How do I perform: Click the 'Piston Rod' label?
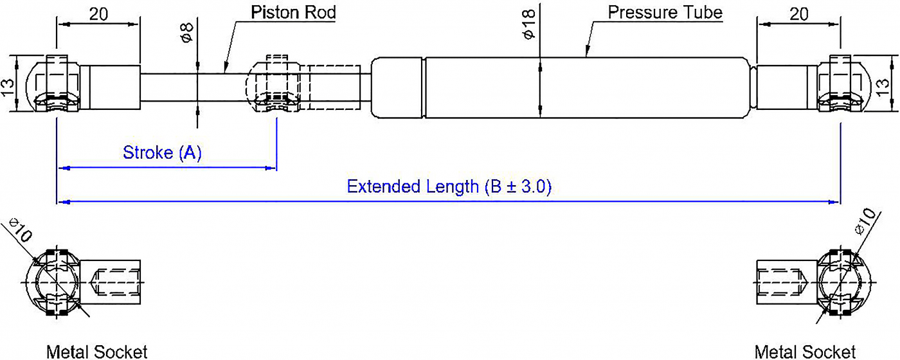point(293,12)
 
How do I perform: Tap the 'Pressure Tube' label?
point(665,12)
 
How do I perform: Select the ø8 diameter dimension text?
point(187,33)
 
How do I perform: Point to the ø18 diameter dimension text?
point(528,24)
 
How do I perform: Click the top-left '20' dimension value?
point(98,14)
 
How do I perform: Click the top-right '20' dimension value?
point(798,14)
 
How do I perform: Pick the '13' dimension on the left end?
point(7,88)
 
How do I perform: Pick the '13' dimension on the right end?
point(882,87)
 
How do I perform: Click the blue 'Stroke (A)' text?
point(162,153)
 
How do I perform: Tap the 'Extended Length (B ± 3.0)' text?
point(449,187)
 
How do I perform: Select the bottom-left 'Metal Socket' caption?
point(97,352)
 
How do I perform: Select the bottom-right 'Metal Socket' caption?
point(805,352)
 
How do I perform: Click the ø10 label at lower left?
point(20,230)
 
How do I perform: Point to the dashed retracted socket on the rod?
point(273,84)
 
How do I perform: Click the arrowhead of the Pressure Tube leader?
point(587,51)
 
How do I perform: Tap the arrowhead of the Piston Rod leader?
point(226,68)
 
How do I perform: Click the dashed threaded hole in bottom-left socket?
point(116,282)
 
